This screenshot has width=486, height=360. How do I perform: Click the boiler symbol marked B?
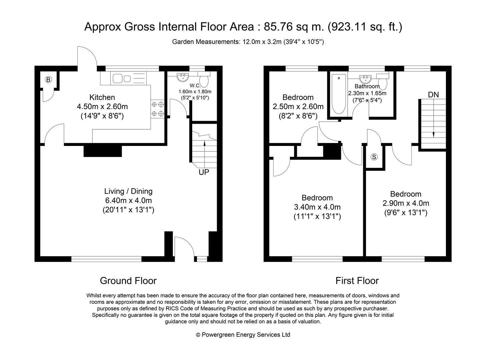49,80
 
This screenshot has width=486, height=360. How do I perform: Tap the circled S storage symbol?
374,157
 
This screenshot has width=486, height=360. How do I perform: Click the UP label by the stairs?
204,172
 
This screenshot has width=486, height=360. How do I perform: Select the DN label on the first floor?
433,95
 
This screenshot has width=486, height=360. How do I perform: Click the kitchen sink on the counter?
122,79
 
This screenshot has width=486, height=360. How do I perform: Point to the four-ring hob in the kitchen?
158,109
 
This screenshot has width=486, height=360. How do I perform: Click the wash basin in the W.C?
182,77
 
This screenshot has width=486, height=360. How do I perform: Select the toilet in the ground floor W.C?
203,80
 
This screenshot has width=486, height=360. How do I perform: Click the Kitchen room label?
102,97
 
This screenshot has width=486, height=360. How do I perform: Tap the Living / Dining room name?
128,191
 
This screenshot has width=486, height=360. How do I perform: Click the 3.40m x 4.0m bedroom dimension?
317,207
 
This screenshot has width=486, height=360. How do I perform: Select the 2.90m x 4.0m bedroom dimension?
406,203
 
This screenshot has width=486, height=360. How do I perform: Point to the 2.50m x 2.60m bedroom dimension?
298,107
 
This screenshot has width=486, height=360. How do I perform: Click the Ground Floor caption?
128,281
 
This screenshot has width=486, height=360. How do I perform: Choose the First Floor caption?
357,281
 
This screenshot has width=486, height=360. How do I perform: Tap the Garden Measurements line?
248,42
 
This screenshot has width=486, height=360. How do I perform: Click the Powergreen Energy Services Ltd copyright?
243,335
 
